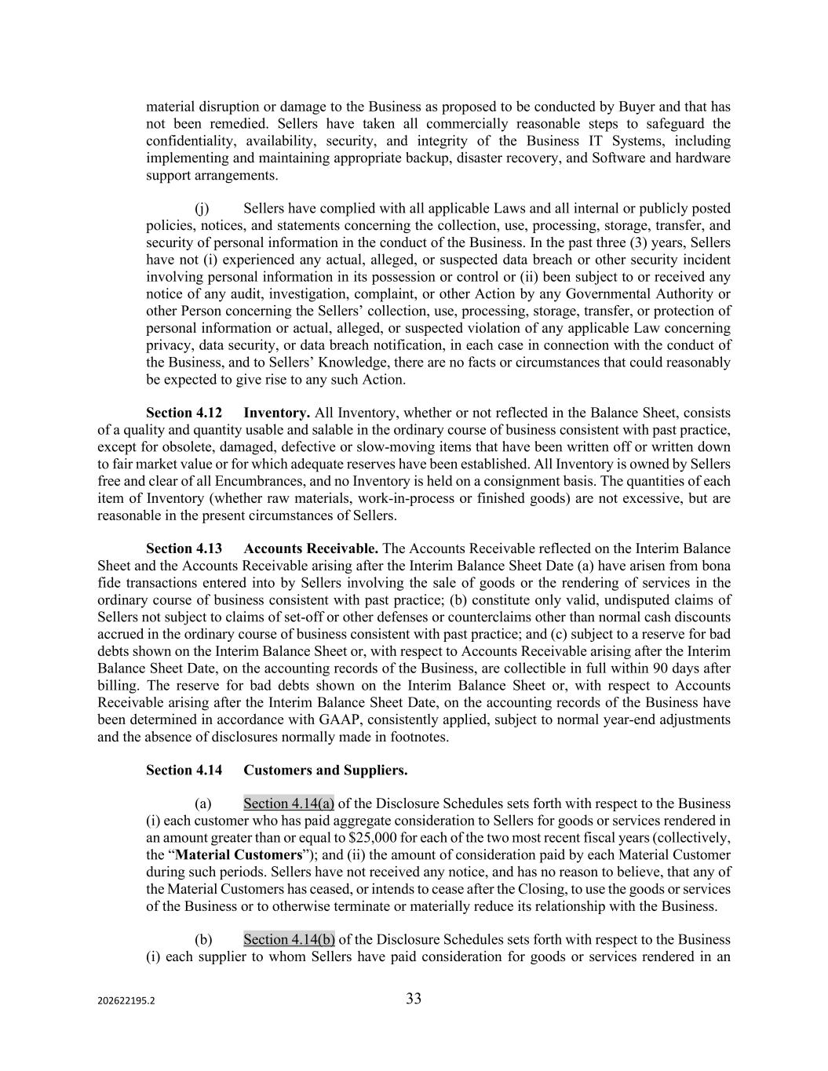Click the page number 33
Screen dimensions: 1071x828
point(414,999)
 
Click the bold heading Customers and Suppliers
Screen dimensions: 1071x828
point(325,770)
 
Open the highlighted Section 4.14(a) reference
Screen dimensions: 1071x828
point(289,803)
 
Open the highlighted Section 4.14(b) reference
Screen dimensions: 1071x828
point(289,939)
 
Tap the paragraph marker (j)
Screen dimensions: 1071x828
point(202,209)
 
